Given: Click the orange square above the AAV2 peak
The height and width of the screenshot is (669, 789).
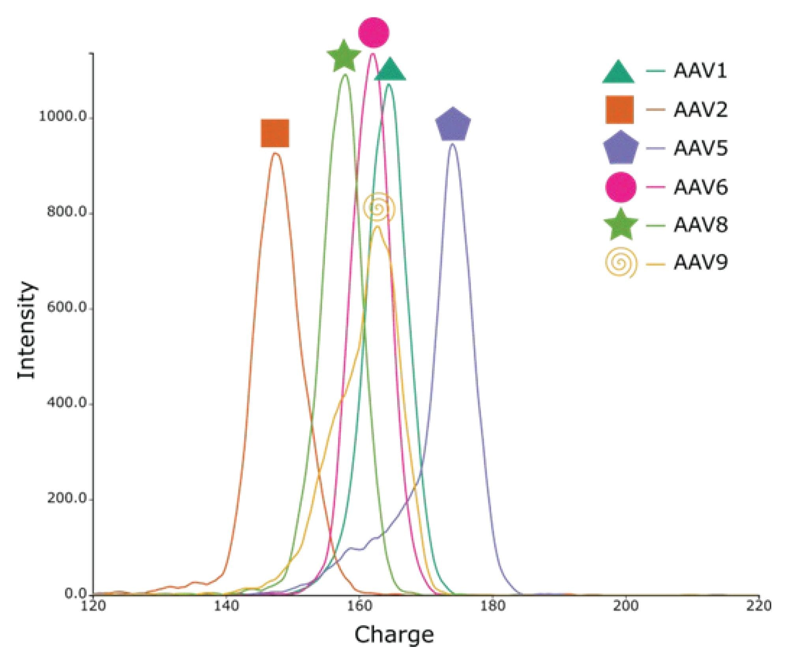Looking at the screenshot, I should [275, 133].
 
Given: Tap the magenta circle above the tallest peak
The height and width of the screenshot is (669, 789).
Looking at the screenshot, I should [374, 32].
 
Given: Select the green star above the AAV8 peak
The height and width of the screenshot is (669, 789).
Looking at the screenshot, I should [344, 57].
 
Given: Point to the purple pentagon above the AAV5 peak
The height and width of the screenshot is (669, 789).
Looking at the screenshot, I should [453, 124].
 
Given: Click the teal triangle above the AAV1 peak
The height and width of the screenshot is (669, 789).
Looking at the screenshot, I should [390, 70].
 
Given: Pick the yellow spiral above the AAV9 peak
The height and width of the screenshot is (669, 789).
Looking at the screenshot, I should [379, 207].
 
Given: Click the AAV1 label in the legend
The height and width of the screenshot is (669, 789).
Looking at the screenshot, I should [700, 71].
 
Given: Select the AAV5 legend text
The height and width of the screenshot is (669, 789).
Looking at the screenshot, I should [700, 148].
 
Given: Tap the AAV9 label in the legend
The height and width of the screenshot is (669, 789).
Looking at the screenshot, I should [700, 263].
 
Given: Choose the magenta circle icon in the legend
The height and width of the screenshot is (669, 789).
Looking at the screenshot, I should [621, 187].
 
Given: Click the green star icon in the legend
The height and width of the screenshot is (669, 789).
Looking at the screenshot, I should [621, 225].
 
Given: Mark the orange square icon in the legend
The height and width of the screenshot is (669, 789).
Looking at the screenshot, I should [620, 110].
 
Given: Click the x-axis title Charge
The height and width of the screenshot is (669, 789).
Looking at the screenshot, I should [394, 635].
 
